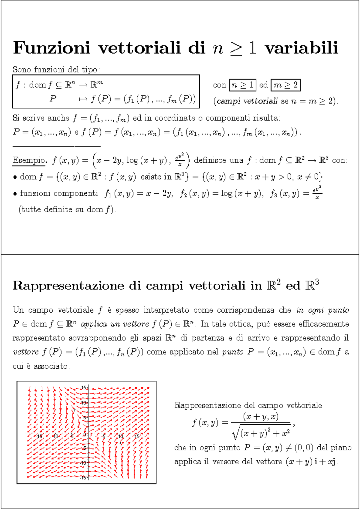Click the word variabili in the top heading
coord(301,48)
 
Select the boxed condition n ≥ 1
coord(243,85)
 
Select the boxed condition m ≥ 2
coord(285,85)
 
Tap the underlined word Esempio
coord(29,160)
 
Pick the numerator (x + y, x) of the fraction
coord(261,416)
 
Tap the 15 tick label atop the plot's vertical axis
coord(84,388)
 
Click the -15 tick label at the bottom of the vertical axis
coord(83,478)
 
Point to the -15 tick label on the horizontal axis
coord(39,436)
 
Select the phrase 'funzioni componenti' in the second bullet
coord(59,193)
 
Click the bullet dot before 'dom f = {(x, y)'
coord(15,177)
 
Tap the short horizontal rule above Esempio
coord(56,146)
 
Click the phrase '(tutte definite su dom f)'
coord(67,209)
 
